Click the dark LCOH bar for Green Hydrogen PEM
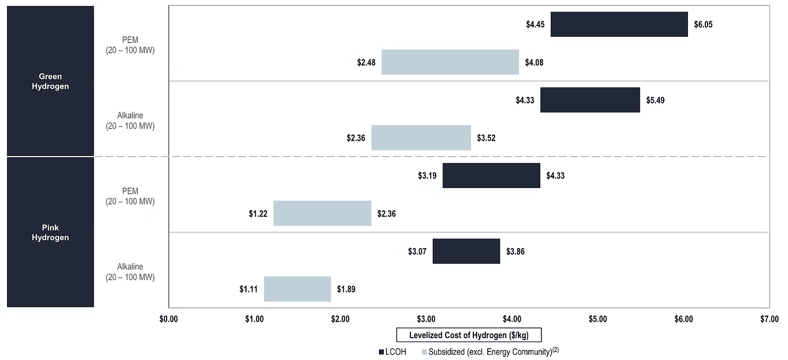[619, 24]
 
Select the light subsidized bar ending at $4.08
[450, 62]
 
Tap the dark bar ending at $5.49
[590, 100]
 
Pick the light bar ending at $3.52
[421, 137]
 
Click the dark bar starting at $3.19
[491, 175]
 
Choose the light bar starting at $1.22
[322, 213]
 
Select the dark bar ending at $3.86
[466, 251]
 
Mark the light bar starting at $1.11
[298, 289]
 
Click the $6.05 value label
[703, 24]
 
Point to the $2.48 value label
[366, 63]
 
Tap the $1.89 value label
[346, 289]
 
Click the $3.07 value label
[417, 251]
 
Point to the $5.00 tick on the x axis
[598, 319]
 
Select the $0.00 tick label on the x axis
[168, 319]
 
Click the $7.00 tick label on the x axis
[769, 319]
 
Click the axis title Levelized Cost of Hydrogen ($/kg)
[469, 335]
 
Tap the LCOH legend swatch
[381, 352]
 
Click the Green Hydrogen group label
[50, 81]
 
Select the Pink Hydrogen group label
[50, 233]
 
